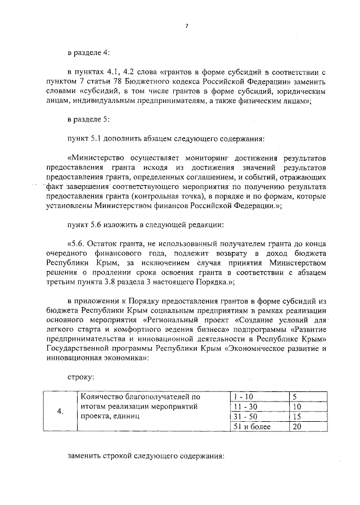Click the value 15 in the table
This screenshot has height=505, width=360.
298,416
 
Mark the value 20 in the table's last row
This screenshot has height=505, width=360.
298,427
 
